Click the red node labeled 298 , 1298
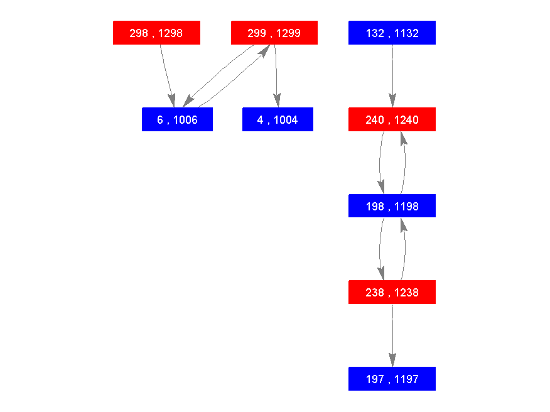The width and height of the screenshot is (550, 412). (156, 33)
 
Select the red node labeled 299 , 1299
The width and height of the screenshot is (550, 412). (274, 33)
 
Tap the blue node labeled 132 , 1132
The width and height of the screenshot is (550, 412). (392, 33)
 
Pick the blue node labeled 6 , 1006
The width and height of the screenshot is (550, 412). (177, 119)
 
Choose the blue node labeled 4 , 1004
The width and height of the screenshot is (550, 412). (278, 119)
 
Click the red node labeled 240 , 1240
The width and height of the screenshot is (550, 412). (392, 119)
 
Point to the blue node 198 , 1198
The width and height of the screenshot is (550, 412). (392, 206)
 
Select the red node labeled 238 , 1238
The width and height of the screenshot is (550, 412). (392, 292)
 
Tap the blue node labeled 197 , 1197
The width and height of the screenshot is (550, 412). (392, 379)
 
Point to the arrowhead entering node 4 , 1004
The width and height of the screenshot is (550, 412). (277, 100)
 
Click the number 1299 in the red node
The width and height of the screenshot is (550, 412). (288, 33)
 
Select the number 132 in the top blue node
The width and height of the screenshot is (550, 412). (374, 33)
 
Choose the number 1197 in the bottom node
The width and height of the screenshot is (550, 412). (406, 379)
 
